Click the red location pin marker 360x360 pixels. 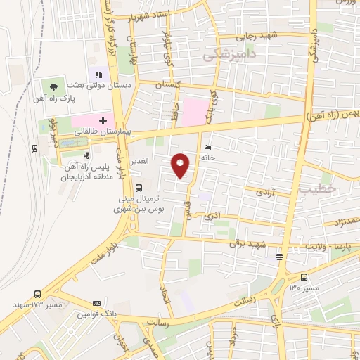coord(181,165)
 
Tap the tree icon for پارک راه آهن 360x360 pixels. coord(54,87)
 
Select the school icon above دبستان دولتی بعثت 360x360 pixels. coord(98,73)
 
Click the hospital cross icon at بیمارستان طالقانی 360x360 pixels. coord(103,121)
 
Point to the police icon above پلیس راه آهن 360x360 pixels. coord(86,155)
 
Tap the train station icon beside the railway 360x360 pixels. coord(34,148)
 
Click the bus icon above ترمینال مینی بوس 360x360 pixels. coord(139,188)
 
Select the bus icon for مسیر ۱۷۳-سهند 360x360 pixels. coord(37,295)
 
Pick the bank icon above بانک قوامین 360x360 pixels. coord(96,303)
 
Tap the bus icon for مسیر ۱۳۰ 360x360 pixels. coord(304,277)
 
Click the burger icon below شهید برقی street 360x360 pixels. coord(280,256)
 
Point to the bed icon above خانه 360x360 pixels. coord(206,147)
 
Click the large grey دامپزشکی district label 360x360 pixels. coord(229,54)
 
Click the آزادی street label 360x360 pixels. coord(264,191)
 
